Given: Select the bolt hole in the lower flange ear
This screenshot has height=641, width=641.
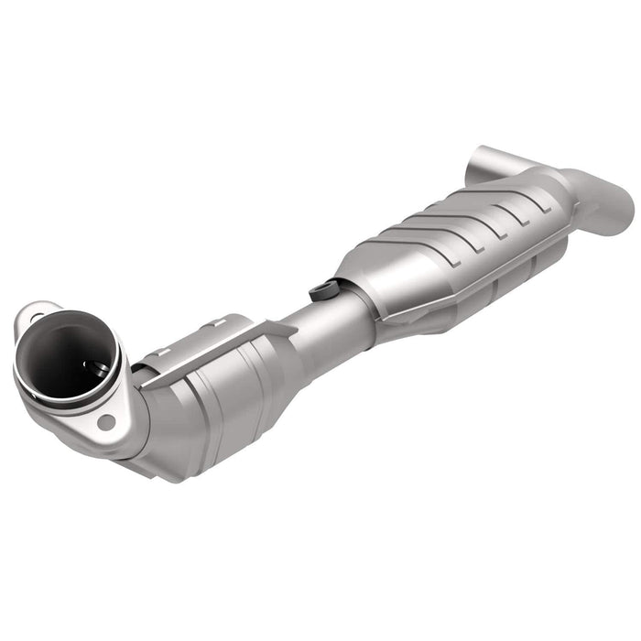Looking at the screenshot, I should tap(107, 422).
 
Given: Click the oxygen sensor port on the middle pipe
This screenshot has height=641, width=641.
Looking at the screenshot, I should tap(320, 291).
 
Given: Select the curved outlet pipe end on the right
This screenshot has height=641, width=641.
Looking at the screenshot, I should tap(614, 201).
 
